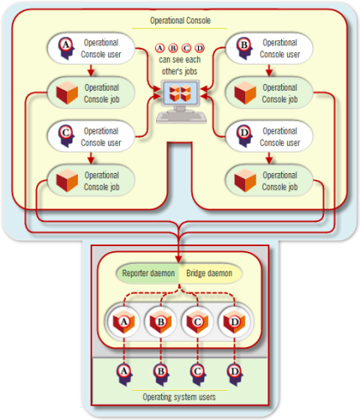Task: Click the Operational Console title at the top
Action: click(x=180, y=19)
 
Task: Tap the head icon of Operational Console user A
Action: click(x=66, y=46)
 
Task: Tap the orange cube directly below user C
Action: click(x=66, y=178)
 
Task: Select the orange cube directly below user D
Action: click(x=245, y=178)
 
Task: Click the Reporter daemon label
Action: click(x=147, y=274)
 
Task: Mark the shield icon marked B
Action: click(x=160, y=322)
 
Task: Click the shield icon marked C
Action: click(x=197, y=322)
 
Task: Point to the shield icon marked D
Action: click(x=234, y=322)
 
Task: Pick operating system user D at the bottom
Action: click(x=234, y=370)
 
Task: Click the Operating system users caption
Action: click(x=180, y=396)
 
